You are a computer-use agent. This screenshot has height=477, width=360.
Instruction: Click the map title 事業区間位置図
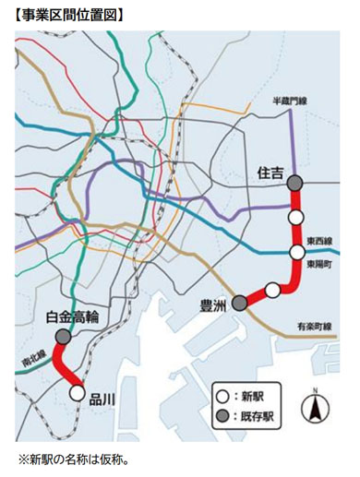tap(70, 15)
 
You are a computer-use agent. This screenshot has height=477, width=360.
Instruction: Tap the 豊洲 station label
tap(213, 303)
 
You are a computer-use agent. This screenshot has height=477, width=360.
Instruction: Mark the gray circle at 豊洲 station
tap(239, 303)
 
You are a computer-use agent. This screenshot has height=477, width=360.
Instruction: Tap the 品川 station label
tap(103, 398)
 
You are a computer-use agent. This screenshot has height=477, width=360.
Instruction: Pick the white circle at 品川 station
tap(78, 393)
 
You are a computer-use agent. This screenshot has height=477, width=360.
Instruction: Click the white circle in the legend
tap(222, 395)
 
